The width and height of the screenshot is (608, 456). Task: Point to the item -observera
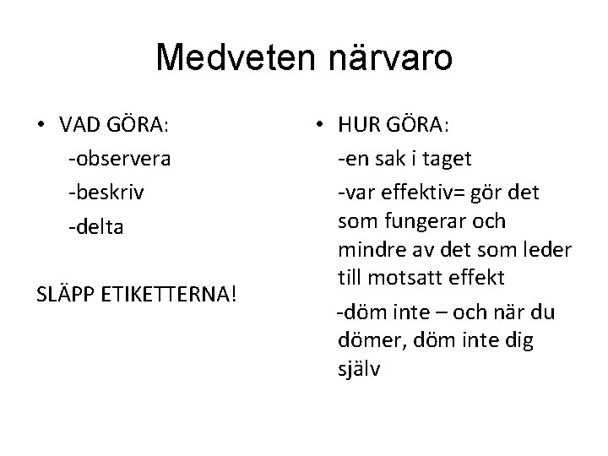coord(120,159)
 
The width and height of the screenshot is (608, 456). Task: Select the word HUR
coord(356,126)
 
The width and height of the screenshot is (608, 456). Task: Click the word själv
coord(359,369)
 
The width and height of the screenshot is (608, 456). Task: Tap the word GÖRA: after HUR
coord(418,126)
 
